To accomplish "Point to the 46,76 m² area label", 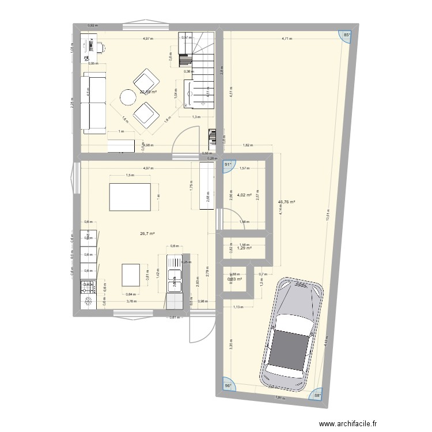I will (x=286, y=202).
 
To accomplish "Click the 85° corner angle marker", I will (x=347, y=35).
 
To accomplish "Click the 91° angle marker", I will (x=228, y=164).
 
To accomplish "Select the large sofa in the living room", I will (x=93, y=103).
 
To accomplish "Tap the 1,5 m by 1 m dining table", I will (x=130, y=197).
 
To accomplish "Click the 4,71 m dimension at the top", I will (x=286, y=39).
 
